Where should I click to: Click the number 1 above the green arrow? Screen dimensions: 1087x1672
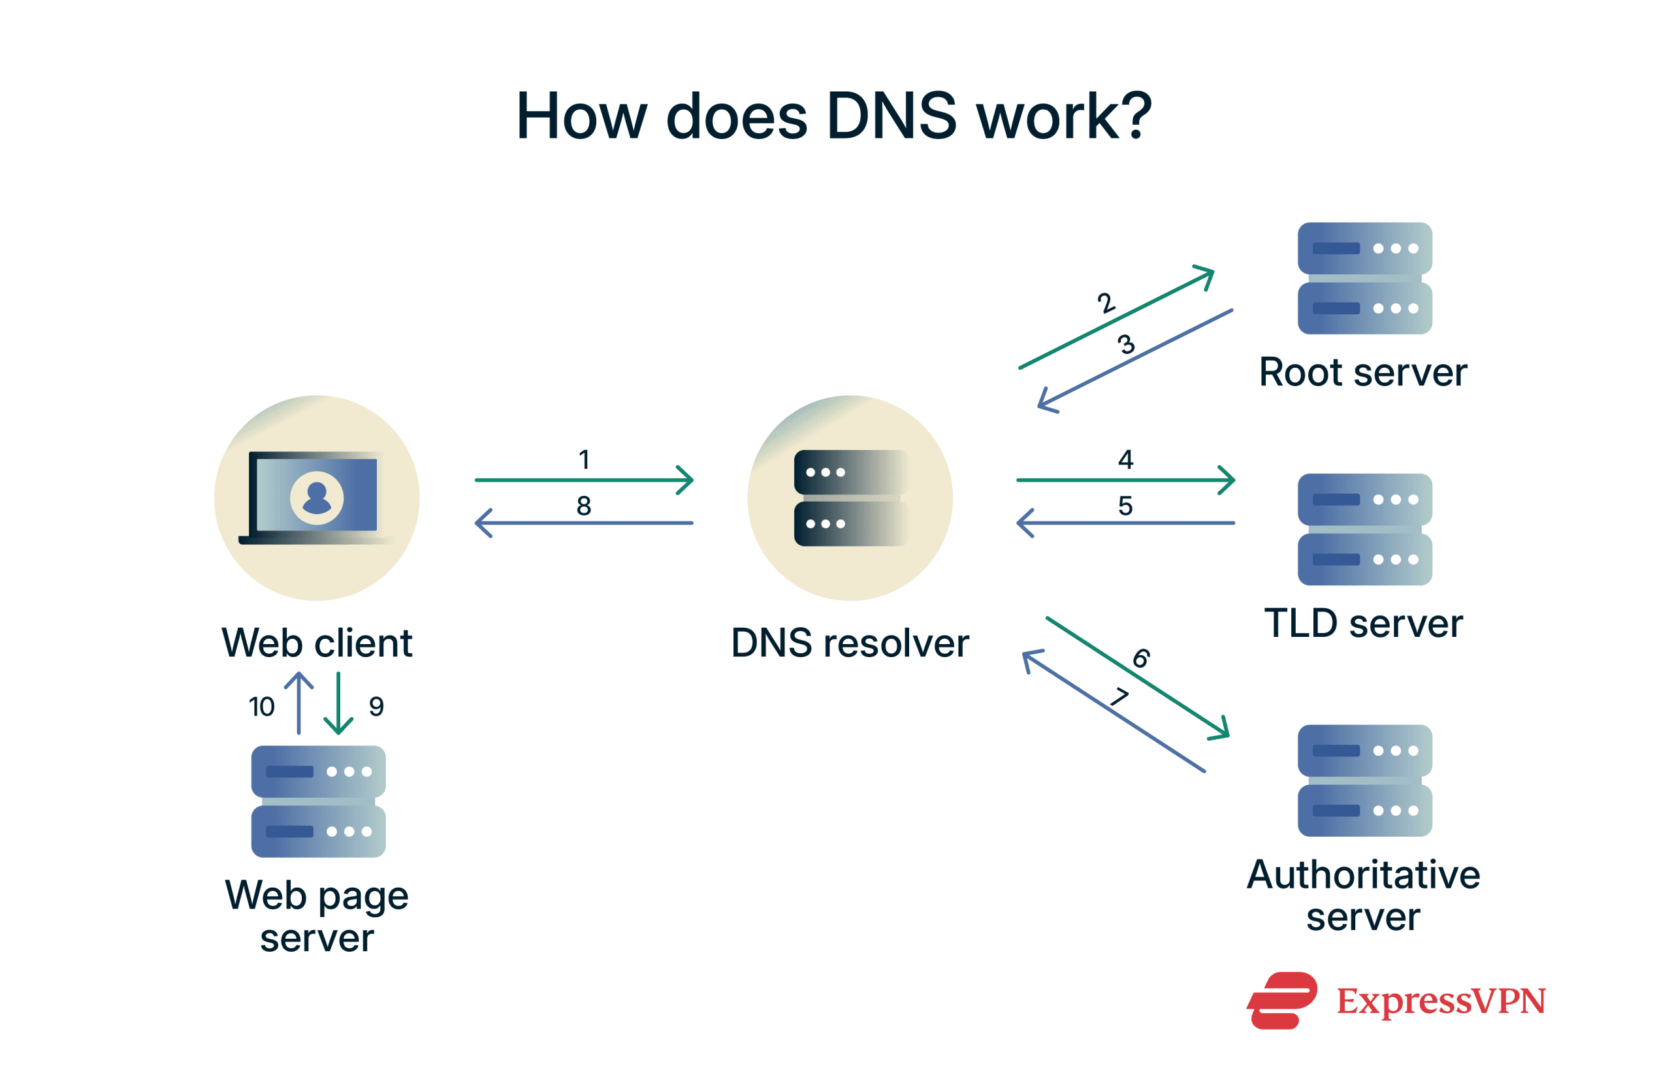(583, 459)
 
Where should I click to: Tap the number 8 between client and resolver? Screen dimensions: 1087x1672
(583, 505)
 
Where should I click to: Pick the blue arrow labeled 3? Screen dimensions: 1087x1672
(1134, 360)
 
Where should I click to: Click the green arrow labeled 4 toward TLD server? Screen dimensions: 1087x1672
(1124, 480)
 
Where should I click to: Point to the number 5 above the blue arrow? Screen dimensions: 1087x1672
(1125, 505)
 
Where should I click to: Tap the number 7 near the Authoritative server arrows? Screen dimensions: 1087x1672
(1119, 696)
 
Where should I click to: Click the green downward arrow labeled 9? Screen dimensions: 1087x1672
(338, 703)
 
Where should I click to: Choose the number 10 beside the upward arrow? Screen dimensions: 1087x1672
(261, 706)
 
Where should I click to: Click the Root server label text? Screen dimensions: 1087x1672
(1362, 372)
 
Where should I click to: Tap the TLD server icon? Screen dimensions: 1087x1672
(1364, 529)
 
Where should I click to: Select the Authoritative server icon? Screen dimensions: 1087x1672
(1364, 780)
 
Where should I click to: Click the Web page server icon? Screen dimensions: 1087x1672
(318, 801)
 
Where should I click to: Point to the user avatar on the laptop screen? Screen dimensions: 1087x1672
(317, 498)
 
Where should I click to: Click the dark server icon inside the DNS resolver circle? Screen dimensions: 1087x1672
(850, 498)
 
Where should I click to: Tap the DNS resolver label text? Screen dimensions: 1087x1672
(850, 642)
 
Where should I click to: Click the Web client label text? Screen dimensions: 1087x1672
(317, 642)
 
